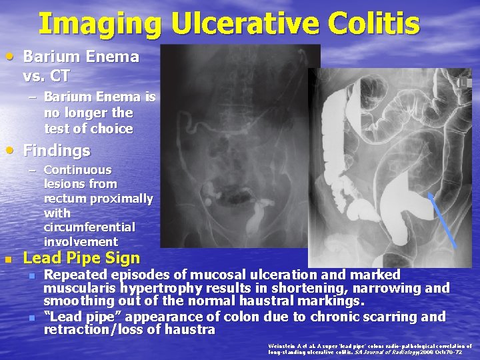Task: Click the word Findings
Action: [x=57, y=151]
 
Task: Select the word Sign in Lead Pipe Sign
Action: [x=124, y=258]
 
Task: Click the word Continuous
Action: [x=77, y=170]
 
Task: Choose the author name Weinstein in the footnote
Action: [x=281, y=346]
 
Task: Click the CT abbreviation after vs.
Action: [x=61, y=75]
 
